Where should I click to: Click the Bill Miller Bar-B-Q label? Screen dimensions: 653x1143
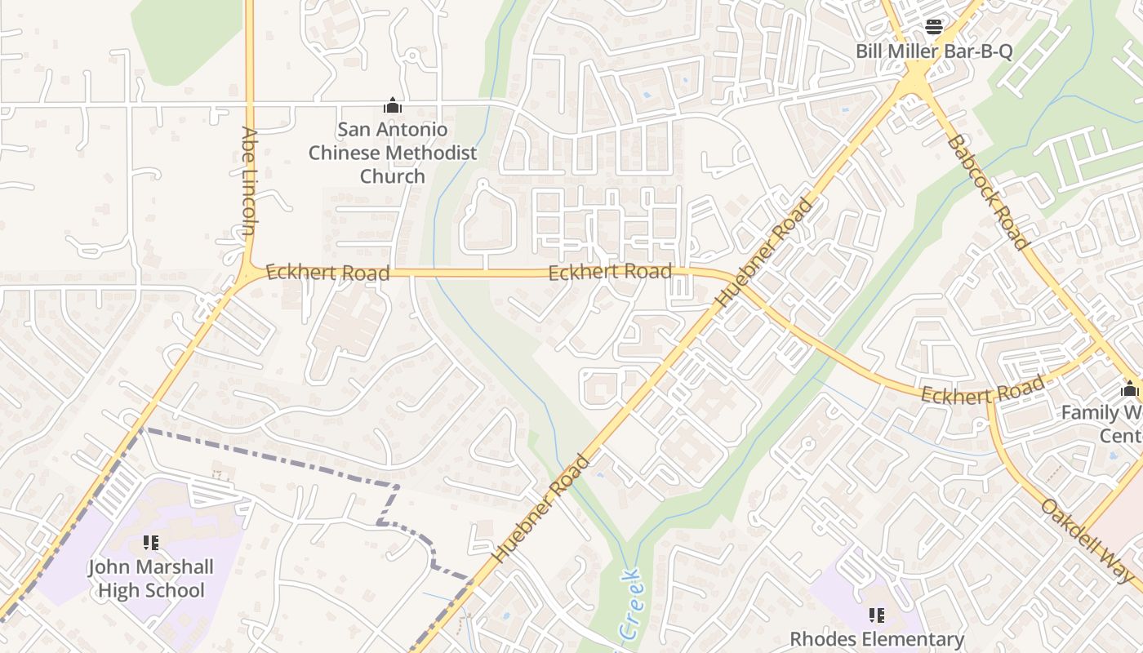[x=934, y=51]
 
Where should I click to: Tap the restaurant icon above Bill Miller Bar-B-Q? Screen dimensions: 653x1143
[x=934, y=27]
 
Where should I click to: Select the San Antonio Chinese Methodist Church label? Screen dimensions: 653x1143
[x=393, y=153]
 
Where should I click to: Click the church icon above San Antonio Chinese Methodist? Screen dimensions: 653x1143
[x=393, y=105]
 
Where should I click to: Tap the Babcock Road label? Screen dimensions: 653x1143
[x=986, y=192]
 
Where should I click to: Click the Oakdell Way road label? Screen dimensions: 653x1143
[x=1090, y=540]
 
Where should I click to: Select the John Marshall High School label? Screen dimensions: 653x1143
[x=151, y=579]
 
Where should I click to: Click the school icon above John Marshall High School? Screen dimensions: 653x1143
[x=151, y=543]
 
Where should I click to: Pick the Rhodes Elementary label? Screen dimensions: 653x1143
[x=877, y=639]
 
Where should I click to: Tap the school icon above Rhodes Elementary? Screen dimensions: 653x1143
[x=877, y=615]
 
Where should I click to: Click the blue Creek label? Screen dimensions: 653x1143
[x=629, y=605]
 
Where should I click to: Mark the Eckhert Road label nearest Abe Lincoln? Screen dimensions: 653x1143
[x=327, y=273]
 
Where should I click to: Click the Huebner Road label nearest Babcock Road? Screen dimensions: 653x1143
[x=765, y=253]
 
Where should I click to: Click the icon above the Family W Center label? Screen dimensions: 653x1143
[x=1130, y=389]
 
